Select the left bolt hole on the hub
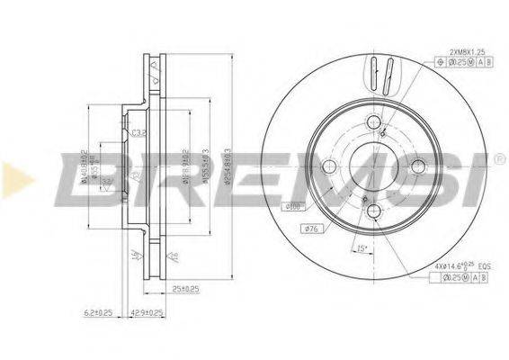pos(329,166)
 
